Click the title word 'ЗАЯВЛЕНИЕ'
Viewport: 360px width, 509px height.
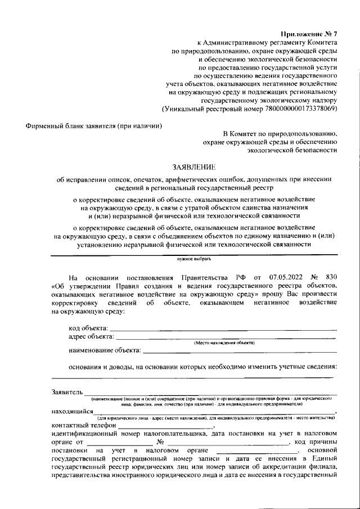[193, 166]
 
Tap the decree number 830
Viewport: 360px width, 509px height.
[331, 278]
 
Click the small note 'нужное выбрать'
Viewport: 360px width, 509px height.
[193, 259]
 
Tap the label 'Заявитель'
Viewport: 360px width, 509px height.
[67, 392]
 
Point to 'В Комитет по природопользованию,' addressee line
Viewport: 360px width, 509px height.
[280, 134]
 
